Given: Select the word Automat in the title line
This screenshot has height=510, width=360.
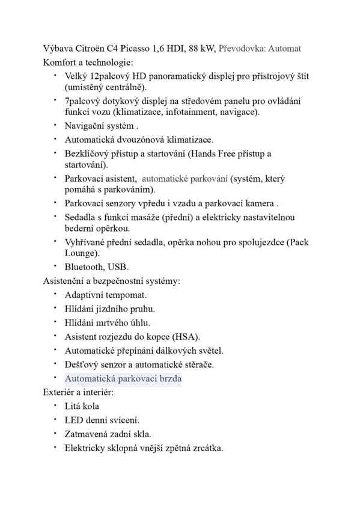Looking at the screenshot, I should pyautogui.click(x=285, y=48).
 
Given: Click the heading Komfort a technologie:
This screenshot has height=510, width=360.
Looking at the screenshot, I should pyautogui.click(x=88, y=62).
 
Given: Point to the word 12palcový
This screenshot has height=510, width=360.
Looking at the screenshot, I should pyautogui.click(x=110, y=77).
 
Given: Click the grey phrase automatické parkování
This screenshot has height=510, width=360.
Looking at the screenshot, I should pyautogui.click(x=185, y=179).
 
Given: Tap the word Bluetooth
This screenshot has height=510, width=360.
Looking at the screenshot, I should pyautogui.click(x=84, y=267).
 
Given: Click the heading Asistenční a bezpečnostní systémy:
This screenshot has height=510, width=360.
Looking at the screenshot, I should pyautogui.click(x=112, y=281).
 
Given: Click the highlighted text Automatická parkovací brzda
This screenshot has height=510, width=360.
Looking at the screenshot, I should pyautogui.click(x=123, y=379).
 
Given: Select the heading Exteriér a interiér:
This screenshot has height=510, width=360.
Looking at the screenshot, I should pyautogui.click(x=79, y=393).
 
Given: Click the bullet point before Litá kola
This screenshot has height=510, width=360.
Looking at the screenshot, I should pyautogui.click(x=54, y=406).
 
